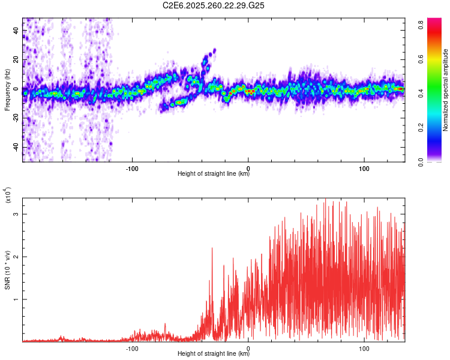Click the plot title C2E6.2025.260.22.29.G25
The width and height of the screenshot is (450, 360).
(x=214, y=6)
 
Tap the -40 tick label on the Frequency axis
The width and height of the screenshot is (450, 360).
(x=16, y=146)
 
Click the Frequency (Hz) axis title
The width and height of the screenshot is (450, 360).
(x=7, y=90)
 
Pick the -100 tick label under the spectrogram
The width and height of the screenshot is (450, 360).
(x=133, y=167)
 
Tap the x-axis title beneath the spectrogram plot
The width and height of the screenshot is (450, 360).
(x=214, y=174)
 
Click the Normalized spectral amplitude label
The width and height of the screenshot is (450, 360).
(x=446, y=90)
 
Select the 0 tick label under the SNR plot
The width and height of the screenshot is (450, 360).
(x=248, y=347)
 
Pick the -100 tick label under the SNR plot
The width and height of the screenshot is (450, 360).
(x=133, y=347)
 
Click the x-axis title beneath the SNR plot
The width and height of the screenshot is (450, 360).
(x=214, y=354)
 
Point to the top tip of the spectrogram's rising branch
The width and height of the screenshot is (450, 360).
(x=214, y=50)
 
